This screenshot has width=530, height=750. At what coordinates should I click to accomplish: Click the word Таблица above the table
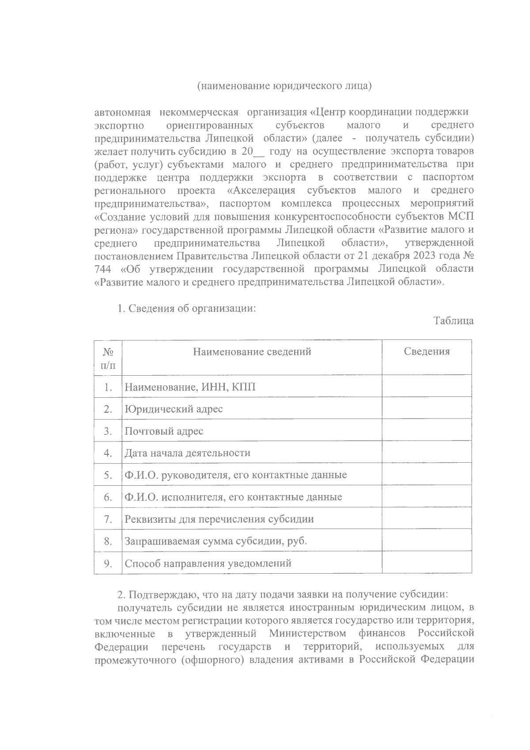[x=454, y=321]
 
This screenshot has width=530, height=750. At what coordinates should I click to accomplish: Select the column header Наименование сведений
[x=252, y=352]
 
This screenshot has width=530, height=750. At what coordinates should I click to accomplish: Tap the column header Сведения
[x=427, y=352]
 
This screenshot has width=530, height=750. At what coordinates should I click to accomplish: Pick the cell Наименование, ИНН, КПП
[x=190, y=387]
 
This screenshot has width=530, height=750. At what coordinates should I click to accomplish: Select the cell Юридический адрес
[x=174, y=409]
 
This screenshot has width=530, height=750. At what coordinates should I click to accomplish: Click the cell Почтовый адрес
[x=164, y=431]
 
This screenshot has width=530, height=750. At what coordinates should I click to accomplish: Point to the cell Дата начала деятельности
[x=187, y=453]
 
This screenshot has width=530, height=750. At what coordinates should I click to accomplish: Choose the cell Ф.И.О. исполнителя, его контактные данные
[x=233, y=498]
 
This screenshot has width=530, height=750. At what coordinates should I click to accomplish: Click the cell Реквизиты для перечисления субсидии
[x=219, y=519]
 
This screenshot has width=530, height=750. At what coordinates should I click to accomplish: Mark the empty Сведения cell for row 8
[x=427, y=541]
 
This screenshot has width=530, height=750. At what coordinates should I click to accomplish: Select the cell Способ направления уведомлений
[x=208, y=563]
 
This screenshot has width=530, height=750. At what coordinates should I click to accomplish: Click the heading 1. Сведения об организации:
[x=186, y=308]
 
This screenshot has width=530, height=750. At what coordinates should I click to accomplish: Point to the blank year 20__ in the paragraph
[x=253, y=152]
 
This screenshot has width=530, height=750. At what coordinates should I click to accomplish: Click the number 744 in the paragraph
[x=103, y=269]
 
